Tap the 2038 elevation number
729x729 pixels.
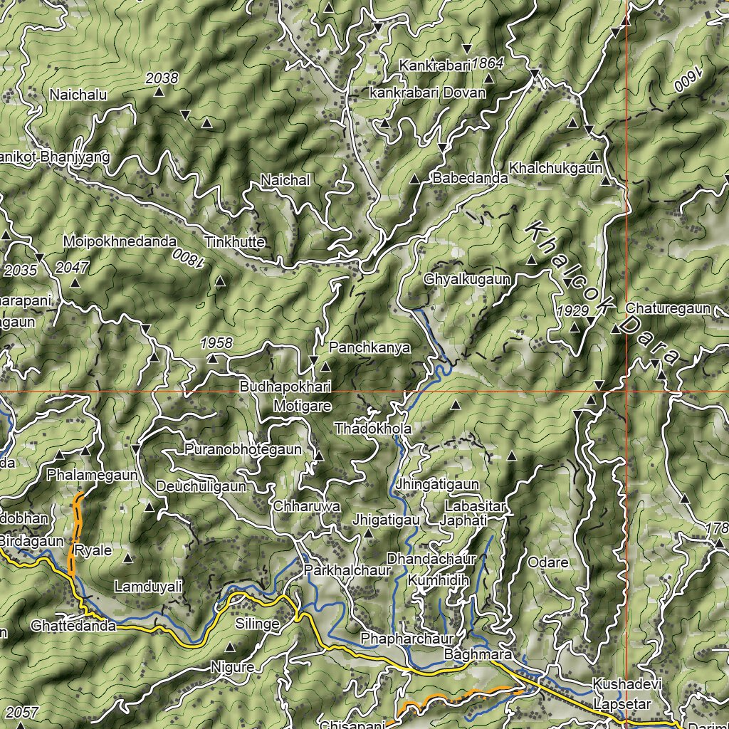coord(162,78)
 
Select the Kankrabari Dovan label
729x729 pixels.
coord(428,93)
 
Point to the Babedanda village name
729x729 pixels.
coord(470,179)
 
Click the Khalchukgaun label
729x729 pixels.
coord(556,168)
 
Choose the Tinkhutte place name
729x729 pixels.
coord(234,242)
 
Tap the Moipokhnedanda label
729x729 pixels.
coord(119,241)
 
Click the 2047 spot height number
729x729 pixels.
coord(72,268)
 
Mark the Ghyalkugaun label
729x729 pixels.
coord(467,280)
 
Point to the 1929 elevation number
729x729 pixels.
coord(573,311)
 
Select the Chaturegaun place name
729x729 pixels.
coord(668,308)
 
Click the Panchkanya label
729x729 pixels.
coord(369,348)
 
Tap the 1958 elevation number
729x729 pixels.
coord(216,342)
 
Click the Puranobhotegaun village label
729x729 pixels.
coord(243,450)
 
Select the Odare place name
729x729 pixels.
coord(548,562)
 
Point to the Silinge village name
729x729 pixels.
coord(257,624)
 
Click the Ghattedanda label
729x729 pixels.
coord(73,626)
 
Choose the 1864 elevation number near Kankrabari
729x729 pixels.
coord(488,63)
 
